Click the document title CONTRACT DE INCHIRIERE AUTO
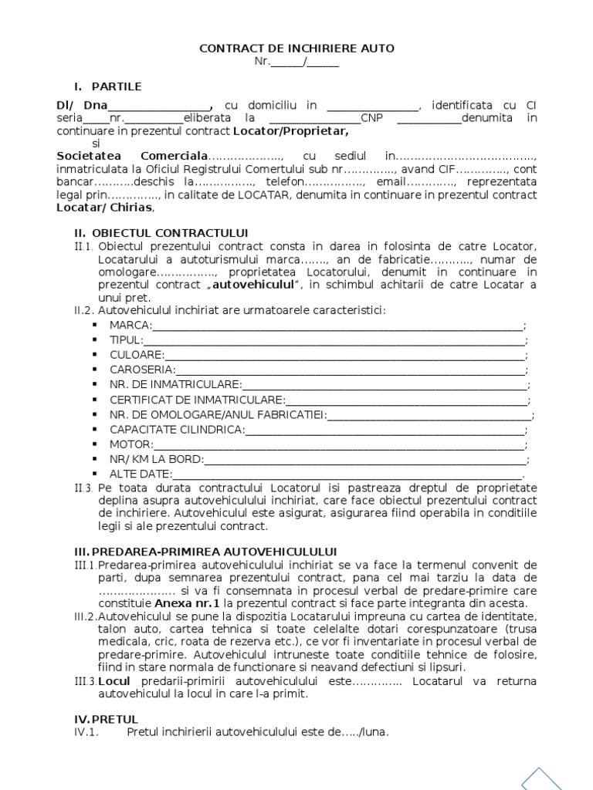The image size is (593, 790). click(x=296, y=48)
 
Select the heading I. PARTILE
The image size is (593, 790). click(x=107, y=86)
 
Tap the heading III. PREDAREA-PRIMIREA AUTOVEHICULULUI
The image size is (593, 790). click(x=205, y=552)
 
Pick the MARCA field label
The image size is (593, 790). click(x=130, y=326)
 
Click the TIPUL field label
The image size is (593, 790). click(x=126, y=340)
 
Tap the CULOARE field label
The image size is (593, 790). click(x=137, y=355)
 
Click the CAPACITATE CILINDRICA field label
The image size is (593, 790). click(x=177, y=429)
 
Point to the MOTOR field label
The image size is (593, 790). click(x=130, y=444)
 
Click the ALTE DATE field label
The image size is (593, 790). click(x=141, y=474)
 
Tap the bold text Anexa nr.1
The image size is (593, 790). click(x=184, y=603)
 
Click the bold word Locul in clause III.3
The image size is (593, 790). click(x=114, y=681)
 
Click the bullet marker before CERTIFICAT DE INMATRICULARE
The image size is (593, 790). click(x=94, y=400)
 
